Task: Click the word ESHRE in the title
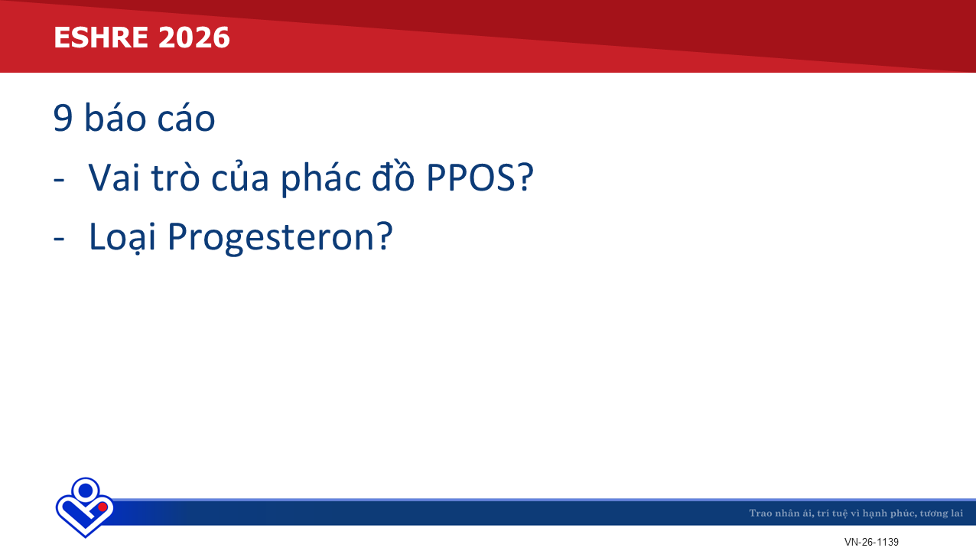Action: click(101, 37)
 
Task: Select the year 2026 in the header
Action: click(194, 37)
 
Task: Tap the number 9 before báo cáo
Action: click(63, 118)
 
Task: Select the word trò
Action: click(176, 177)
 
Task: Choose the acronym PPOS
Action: click(470, 178)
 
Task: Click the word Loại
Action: click(122, 237)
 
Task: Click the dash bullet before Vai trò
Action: click(59, 179)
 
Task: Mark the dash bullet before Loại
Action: click(59, 239)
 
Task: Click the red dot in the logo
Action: click(102, 507)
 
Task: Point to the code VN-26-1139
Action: click(871, 542)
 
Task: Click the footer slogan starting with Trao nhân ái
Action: click(856, 513)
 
